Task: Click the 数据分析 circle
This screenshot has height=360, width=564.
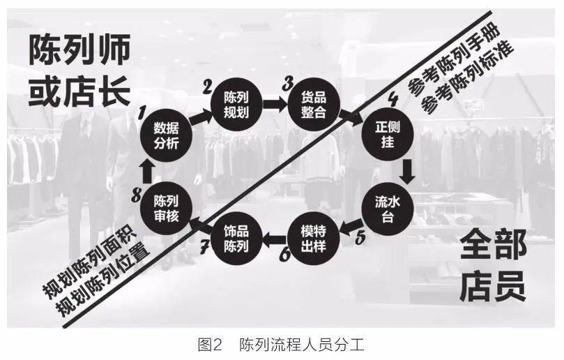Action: coord(166,136)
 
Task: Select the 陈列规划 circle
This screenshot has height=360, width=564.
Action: coord(236,105)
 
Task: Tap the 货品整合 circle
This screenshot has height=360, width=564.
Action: coord(314,105)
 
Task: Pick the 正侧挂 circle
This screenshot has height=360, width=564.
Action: coord(388,135)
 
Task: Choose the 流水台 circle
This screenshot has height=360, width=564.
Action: coord(388,209)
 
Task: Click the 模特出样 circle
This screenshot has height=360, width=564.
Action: coord(314,239)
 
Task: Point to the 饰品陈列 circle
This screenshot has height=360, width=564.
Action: coord(236,239)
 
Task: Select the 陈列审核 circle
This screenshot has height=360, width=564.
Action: coord(166,209)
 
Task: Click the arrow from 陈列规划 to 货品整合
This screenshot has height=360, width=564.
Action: coord(275,105)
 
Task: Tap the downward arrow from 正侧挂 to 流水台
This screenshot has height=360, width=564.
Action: coord(407,172)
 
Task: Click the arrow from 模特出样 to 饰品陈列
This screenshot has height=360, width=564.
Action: coord(275,239)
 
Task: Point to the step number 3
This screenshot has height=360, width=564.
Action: coord(288,84)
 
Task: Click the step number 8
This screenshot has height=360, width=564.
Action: coord(137,196)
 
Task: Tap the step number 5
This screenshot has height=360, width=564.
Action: coord(360,237)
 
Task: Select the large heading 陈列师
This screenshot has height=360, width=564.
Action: coord(79,50)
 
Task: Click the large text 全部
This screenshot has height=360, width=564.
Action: coord(494,246)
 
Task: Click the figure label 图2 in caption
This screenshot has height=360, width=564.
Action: coord(211,345)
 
